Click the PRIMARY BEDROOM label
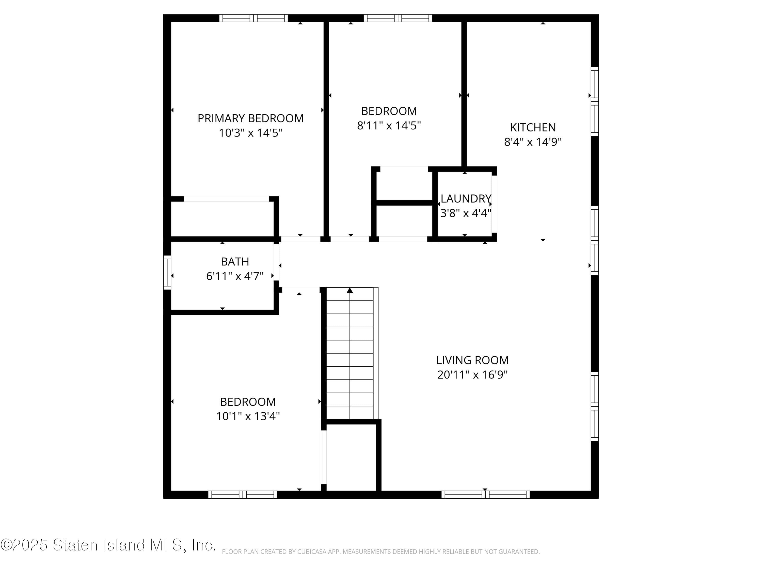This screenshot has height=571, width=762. point(250,119)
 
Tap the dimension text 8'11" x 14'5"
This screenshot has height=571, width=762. point(389,126)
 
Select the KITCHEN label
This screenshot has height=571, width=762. point(533,128)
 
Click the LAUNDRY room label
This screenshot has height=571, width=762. point(466,199)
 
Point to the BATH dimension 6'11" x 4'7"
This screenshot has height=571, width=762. point(235,276)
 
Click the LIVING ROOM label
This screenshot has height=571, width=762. point(472,360)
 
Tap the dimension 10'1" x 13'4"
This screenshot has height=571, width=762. point(248,416)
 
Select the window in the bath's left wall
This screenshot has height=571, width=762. point(167,272)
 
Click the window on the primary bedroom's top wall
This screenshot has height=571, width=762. point(253,18)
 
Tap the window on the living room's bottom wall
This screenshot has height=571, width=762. point(485,495)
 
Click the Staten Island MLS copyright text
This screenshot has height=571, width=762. point(108,545)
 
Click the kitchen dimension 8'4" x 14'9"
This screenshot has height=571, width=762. point(533,142)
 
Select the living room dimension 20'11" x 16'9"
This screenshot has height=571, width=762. point(472,375)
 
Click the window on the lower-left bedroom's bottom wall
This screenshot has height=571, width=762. point(243,495)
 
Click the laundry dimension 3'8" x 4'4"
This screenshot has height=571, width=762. point(466,213)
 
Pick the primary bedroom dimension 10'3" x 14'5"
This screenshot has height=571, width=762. point(250,133)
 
